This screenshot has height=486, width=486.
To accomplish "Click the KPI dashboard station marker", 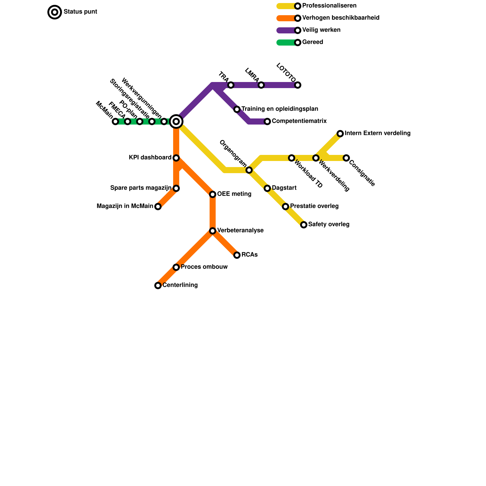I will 176,158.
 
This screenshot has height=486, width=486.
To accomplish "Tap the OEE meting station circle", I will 213,194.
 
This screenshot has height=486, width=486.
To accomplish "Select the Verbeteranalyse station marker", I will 213,231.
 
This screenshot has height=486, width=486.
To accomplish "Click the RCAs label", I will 249,255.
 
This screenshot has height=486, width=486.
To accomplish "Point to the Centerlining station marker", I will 158,286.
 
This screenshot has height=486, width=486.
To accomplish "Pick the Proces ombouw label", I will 204,267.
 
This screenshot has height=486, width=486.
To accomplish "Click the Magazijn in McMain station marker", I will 158,207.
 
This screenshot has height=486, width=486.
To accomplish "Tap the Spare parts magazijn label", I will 141,188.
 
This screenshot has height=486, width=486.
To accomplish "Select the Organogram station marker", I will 249,170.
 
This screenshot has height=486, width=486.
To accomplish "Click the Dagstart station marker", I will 267,188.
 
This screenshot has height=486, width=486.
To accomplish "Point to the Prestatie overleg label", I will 314,206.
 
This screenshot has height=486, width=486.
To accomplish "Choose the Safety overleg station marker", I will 304,225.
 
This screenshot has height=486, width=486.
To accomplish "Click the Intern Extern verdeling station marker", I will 340,134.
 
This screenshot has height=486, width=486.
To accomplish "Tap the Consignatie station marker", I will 346,158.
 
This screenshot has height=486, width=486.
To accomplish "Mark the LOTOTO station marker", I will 298,85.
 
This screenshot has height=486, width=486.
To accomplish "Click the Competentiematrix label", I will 299,121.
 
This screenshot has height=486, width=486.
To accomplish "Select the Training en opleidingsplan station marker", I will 237,109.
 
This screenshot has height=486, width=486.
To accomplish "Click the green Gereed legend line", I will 286,43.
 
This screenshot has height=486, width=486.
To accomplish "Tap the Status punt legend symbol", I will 55,12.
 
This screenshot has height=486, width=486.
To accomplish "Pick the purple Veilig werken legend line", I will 286,30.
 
